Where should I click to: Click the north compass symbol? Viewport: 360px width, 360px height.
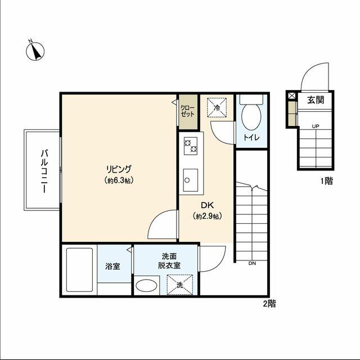[x=35, y=51]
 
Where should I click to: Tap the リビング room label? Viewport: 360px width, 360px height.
[x=119, y=169]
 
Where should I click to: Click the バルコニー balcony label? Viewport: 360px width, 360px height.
[x=44, y=171]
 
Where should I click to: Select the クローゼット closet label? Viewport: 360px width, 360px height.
[x=187, y=111]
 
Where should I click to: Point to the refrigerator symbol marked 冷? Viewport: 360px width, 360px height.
[x=217, y=108]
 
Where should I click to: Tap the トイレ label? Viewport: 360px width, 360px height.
[x=251, y=137]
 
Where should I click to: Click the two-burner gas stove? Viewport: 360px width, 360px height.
[x=191, y=146]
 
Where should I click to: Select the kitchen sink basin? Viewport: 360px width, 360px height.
[x=190, y=180]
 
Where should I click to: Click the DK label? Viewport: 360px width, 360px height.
[x=208, y=205]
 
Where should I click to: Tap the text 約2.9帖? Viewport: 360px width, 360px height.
[x=208, y=216]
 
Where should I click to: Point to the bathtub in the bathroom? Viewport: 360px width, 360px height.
[x=79, y=270]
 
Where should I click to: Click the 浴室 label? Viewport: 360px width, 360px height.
[x=112, y=266]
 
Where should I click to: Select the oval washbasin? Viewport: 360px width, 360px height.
[x=146, y=285]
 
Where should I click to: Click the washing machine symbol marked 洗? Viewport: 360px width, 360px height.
[x=180, y=285]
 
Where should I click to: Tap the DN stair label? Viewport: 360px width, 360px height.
[x=252, y=264]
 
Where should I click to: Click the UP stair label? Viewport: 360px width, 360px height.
[x=316, y=126]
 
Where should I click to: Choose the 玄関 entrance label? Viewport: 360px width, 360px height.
[x=316, y=100]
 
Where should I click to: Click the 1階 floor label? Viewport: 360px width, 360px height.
[x=326, y=181]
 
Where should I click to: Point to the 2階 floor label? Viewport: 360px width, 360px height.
[x=269, y=304]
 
